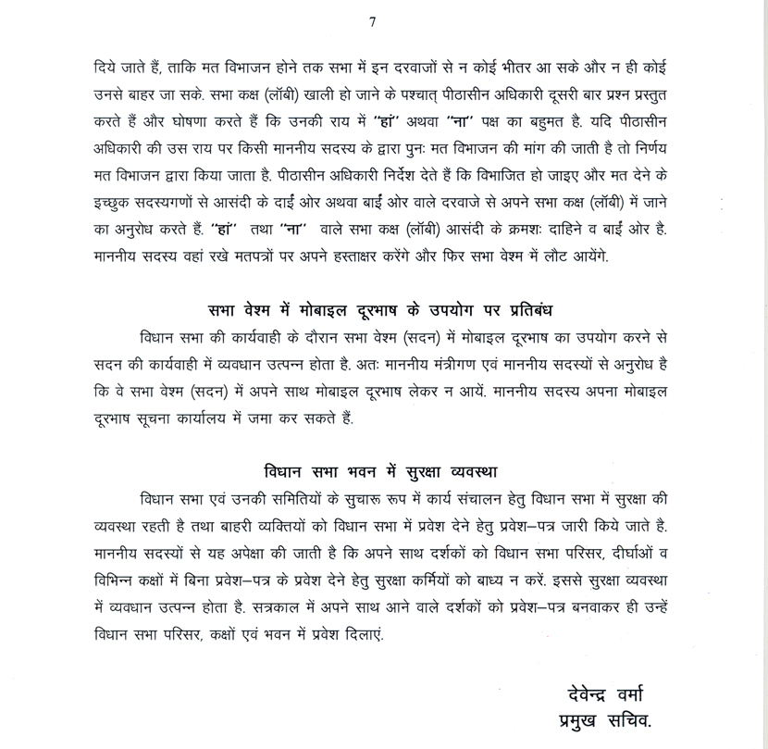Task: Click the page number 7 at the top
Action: [372, 22]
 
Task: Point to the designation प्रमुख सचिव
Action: [611, 719]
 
